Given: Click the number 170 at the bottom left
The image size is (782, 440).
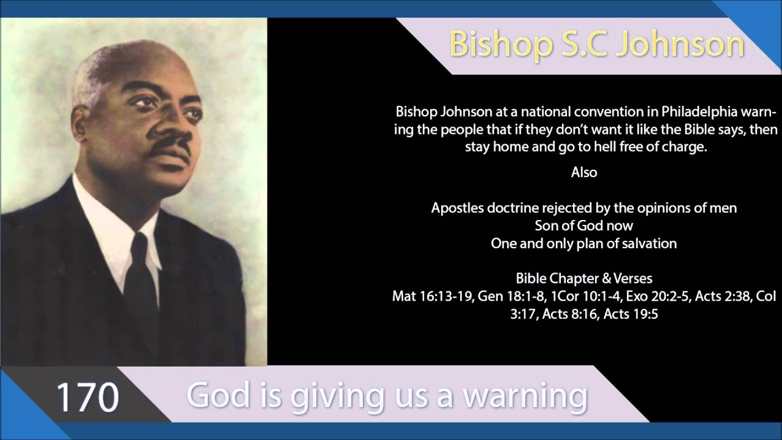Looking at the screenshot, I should tap(87, 397).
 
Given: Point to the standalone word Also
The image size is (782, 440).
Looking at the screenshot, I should tap(584, 172).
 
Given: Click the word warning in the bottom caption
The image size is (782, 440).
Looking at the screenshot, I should tap(524, 395).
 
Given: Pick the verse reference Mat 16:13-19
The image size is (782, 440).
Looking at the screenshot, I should tap(431, 297).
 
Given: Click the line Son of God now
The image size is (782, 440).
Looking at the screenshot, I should tap(584, 226).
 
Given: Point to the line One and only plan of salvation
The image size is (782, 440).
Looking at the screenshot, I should tap(584, 243).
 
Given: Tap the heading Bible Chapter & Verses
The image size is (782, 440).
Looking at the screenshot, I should tap(584, 279).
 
